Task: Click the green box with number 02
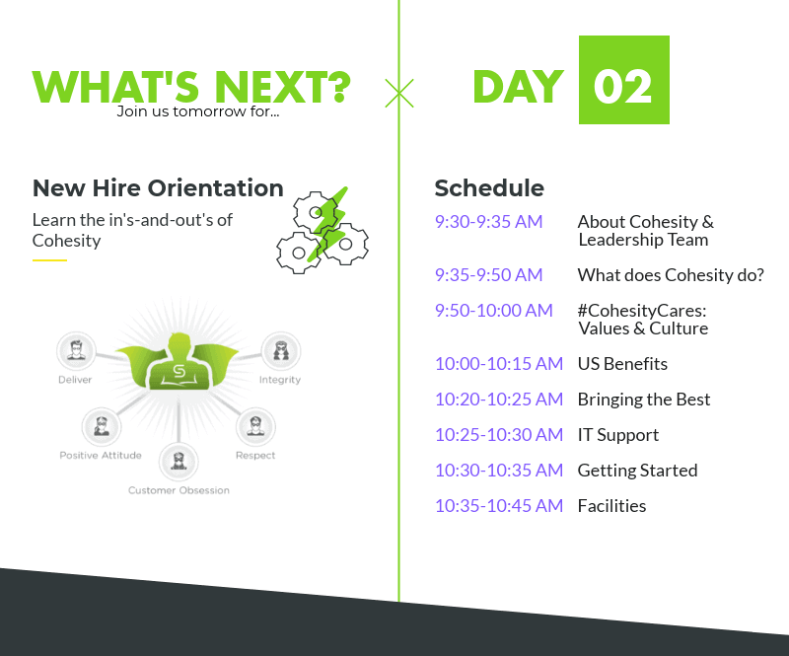624,80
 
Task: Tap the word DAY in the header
519,87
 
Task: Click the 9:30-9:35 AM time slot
488,222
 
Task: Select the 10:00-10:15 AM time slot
499,363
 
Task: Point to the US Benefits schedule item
622,363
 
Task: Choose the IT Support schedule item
618,435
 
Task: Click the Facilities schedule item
611,505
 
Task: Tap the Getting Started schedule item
637,471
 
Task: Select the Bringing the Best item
644,400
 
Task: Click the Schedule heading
489,188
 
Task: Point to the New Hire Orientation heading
158,188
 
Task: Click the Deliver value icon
76,350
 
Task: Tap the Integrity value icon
281,350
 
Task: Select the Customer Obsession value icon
179,461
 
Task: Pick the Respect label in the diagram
255,455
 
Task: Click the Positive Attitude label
101,455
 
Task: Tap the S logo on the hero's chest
179,372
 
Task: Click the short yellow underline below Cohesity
50,260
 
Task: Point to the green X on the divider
399,93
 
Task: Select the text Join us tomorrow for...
198,111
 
